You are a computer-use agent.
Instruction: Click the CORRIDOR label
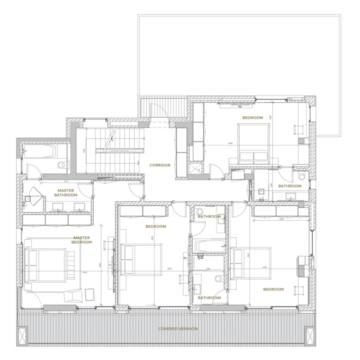[x=160, y=165]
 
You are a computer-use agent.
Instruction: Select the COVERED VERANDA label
[x=178, y=329]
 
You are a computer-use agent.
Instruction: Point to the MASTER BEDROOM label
[x=82, y=240]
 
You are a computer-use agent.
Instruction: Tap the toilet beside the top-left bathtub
[x=61, y=165]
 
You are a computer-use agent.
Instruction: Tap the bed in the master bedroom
[x=45, y=265]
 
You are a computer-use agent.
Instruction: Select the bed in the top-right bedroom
[x=255, y=143]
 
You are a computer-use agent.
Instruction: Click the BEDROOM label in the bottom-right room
[x=273, y=289]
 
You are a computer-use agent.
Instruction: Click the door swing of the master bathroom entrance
[x=85, y=189]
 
